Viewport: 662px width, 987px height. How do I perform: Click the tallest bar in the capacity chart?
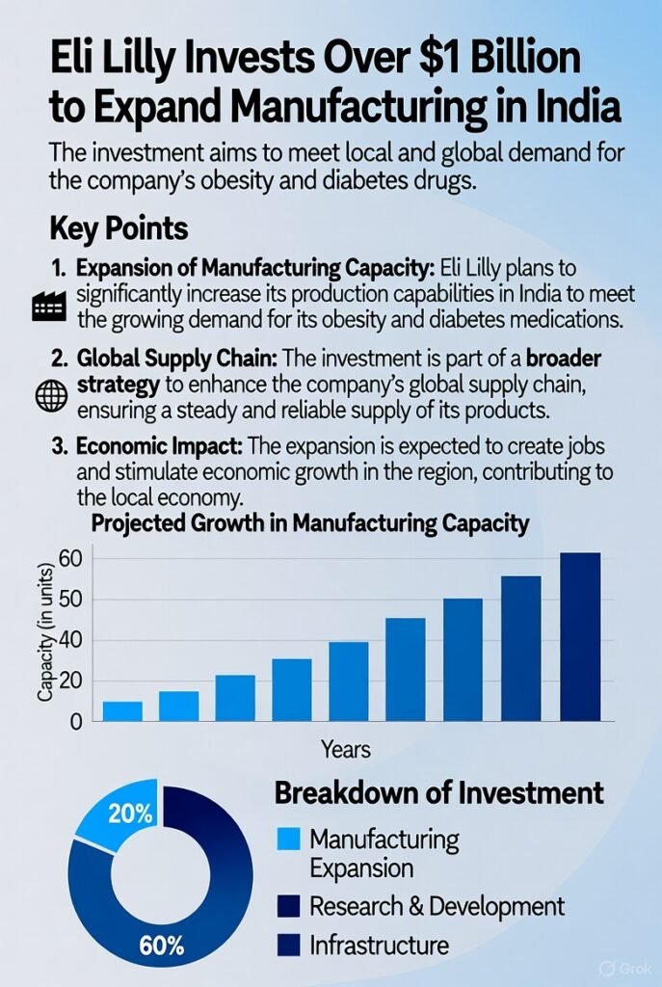click(580, 637)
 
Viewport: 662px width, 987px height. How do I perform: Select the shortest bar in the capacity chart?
click(122, 711)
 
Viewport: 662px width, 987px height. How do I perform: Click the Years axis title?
click(346, 750)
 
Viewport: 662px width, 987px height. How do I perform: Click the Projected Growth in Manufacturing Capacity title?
click(310, 524)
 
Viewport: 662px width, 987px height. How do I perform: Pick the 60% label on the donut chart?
click(161, 946)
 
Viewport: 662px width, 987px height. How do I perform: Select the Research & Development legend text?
click(437, 906)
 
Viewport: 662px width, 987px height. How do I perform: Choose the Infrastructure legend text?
click(379, 946)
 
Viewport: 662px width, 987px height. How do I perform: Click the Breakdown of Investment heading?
click(439, 793)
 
